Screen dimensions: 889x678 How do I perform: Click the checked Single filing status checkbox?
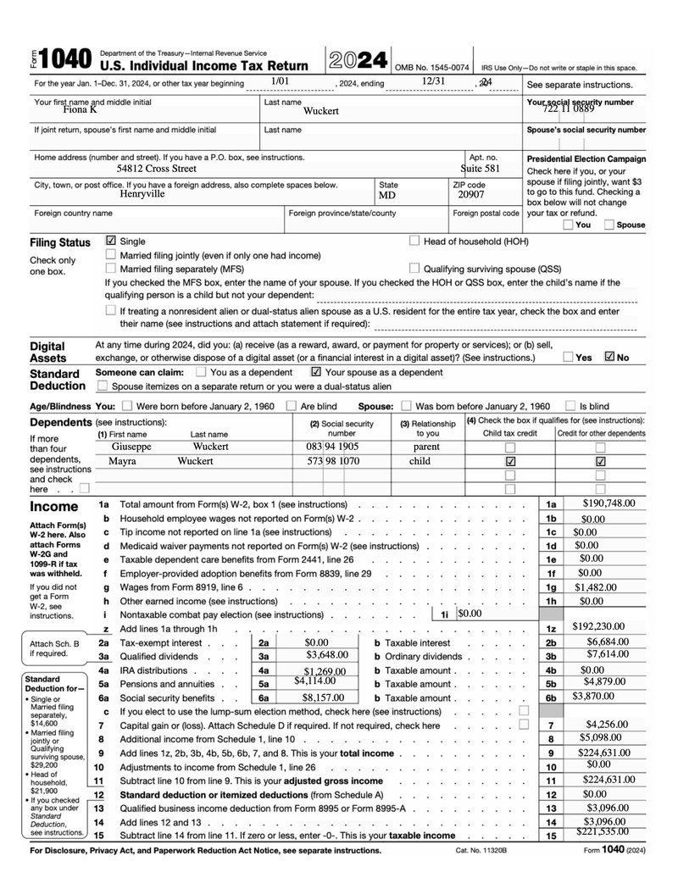point(111,242)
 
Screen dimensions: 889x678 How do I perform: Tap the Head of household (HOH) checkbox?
point(414,241)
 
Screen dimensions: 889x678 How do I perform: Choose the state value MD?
point(386,194)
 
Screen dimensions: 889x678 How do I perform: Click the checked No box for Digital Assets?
point(609,357)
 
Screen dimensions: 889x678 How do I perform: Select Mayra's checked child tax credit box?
point(510,461)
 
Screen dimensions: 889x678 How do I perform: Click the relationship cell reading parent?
point(426,446)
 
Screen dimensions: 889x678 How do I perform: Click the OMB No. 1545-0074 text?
point(431,67)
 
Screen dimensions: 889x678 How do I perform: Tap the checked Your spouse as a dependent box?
point(316,371)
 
